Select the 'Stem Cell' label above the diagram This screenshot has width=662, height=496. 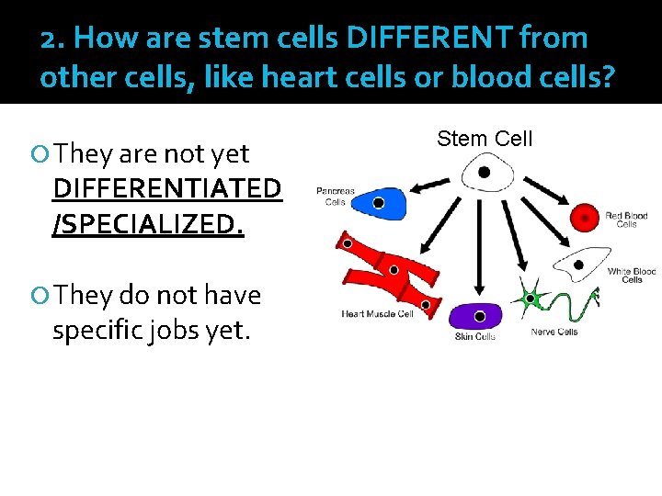pyautogui.click(x=485, y=139)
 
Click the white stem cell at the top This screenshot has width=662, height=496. pyautogui.click(x=482, y=172)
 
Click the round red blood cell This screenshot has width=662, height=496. pyautogui.click(x=585, y=218)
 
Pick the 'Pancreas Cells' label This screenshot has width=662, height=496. pyautogui.click(x=335, y=197)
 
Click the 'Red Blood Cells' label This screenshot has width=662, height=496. pyautogui.click(x=627, y=220)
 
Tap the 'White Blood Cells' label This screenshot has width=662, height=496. pyautogui.click(x=632, y=276)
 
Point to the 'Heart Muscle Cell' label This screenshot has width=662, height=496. pyautogui.click(x=378, y=314)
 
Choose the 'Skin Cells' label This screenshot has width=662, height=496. pyautogui.click(x=475, y=337)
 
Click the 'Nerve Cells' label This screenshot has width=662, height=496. pyautogui.click(x=554, y=332)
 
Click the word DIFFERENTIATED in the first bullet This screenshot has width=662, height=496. pyautogui.click(x=167, y=188)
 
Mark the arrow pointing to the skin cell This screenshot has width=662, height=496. pyautogui.click(x=479, y=248)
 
